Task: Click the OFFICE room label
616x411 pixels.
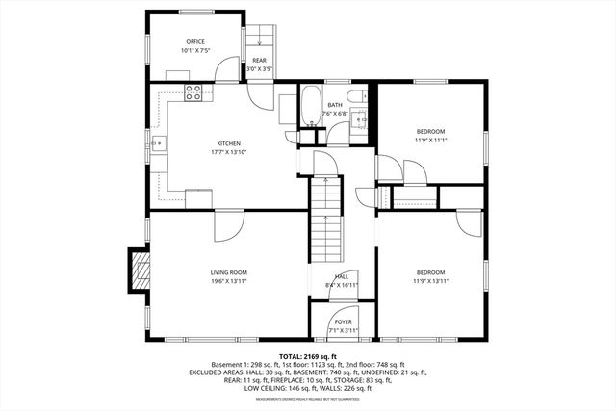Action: click(196, 41)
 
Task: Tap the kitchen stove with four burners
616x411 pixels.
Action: click(193, 93)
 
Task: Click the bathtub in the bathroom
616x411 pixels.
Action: click(311, 108)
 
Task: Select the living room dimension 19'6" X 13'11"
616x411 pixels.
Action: click(229, 281)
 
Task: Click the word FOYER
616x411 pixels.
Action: click(343, 322)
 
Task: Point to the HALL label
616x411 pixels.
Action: click(342, 276)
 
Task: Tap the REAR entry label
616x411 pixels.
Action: click(259, 61)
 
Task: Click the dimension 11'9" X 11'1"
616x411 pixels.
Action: click(430, 140)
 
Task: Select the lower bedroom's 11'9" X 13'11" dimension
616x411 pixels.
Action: click(430, 281)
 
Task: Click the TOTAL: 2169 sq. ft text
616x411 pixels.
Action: click(308, 356)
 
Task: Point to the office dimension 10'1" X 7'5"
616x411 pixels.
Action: click(196, 50)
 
